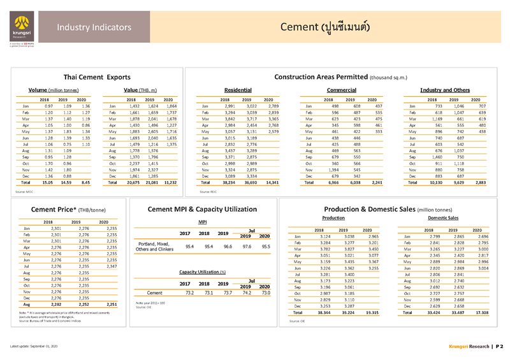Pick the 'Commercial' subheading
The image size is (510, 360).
tap(341, 90)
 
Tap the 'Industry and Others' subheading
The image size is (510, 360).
tap(444, 90)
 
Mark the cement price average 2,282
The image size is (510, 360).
tap(54, 305)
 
